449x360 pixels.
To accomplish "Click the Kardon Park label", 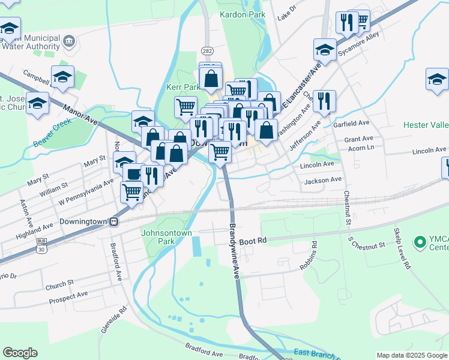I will pyautogui.click(x=243, y=13).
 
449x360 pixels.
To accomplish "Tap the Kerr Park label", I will pyautogui.click(x=182, y=87).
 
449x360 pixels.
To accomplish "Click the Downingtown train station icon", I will pyautogui.click(x=113, y=221).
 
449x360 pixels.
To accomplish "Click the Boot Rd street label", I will pyautogui.click(x=252, y=241).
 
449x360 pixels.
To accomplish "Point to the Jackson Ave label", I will pyautogui.click(x=323, y=180).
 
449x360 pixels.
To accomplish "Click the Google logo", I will pyautogui.click(x=20, y=353).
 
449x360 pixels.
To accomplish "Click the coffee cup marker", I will pyautogui.click(x=133, y=174).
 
